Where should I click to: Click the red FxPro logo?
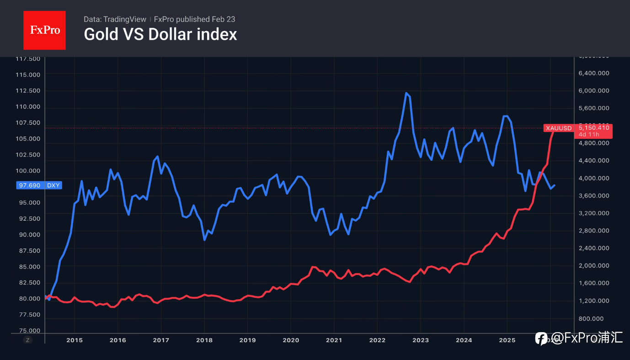click(44, 30)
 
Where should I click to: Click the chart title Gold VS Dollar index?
click(160, 34)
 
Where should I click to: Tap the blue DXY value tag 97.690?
click(39, 185)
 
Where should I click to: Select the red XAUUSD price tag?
click(577, 128)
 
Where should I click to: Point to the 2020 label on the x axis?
click(291, 340)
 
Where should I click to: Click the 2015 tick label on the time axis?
click(74, 340)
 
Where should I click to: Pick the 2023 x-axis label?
click(421, 340)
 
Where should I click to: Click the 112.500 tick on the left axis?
click(28, 90)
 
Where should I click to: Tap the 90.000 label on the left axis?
click(28, 234)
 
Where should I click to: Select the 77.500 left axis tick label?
click(28, 315)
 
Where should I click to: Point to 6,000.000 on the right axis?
click(594, 90)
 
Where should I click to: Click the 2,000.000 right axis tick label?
click(594, 266)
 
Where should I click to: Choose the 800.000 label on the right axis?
click(597, 318)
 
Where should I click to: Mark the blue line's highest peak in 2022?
click(406, 93)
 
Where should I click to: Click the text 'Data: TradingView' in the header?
click(115, 19)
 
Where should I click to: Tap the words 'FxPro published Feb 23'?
click(194, 19)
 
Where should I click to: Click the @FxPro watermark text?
click(586, 338)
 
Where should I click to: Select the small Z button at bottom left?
click(28, 340)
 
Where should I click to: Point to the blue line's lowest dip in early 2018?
click(204, 239)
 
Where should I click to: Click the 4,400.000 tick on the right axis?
click(594, 160)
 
